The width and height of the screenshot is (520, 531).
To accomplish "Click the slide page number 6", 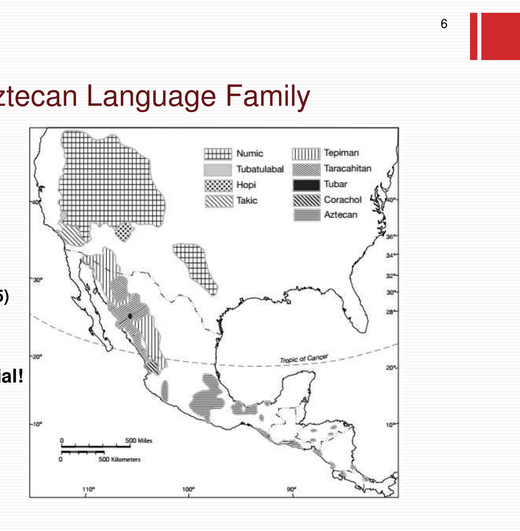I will pyautogui.click(x=444, y=24).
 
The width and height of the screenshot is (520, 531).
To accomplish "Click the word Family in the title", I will pyautogui.click(x=268, y=96).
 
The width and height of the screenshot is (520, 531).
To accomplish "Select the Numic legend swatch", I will pyautogui.click(x=218, y=154).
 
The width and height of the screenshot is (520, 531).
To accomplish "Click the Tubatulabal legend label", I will pyautogui.click(x=260, y=169).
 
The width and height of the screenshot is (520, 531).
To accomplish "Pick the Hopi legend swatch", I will pyautogui.click(x=218, y=185).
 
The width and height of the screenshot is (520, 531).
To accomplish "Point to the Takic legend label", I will pyautogui.click(x=247, y=201).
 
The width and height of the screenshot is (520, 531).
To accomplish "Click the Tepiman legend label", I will pyautogui.click(x=341, y=153).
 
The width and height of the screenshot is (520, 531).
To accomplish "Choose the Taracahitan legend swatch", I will pyautogui.click(x=306, y=169).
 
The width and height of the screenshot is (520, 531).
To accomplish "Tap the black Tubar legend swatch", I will pyautogui.click(x=306, y=185).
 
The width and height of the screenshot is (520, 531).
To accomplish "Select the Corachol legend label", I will pyautogui.click(x=343, y=200).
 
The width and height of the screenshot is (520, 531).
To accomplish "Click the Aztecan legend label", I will pyautogui.click(x=340, y=215).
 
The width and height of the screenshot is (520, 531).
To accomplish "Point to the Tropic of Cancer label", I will pyautogui.click(x=304, y=359).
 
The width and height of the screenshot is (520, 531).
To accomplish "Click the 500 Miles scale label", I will pyautogui.click(x=138, y=441).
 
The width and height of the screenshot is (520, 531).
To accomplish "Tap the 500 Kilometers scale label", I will pyautogui.click(x=119, y=459).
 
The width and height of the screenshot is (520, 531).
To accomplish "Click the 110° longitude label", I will pyautogui.click(x=88, y=489).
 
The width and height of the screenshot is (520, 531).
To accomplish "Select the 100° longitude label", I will pyautogui.click(x=189, y=489).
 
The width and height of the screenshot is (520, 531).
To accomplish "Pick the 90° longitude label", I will pyautogui.click(x=292, y=489).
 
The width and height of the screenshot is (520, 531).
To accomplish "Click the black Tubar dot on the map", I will pyautogui.click(x=130, y=316).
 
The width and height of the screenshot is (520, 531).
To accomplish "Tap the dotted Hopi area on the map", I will pyautogui.click(x=124, y=231).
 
